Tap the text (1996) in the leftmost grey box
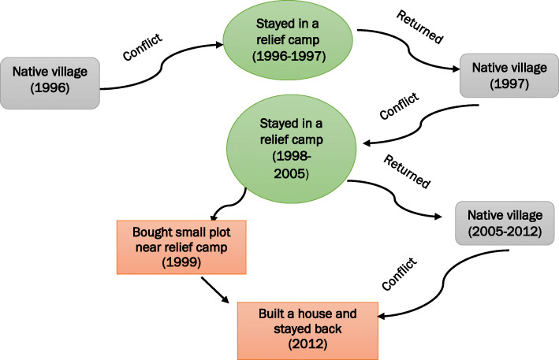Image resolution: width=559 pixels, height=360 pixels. point(51,88)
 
